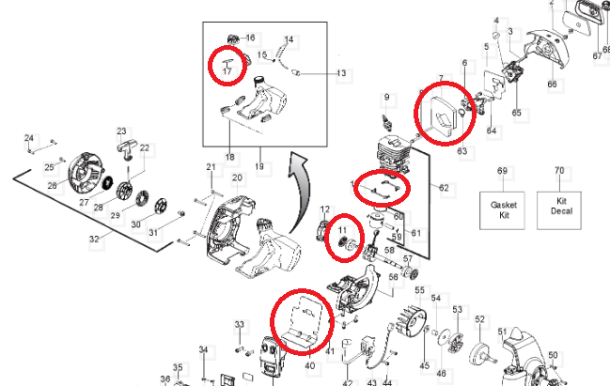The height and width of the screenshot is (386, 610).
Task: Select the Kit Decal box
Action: pos(561,206)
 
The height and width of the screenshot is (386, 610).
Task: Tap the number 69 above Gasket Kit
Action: pos(502,171)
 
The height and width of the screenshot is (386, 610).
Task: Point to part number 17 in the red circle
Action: pos(227,69)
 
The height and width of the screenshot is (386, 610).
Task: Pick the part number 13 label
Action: pos(340,72)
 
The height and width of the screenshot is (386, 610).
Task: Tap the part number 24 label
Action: pos(29,138)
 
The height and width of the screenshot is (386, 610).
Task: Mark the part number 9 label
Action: pos(385,98)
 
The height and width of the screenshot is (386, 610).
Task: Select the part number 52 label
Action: pos(479,319)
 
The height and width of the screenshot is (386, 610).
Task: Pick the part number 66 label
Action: pos(552,85)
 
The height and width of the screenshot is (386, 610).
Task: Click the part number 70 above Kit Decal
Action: pos(560,171)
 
